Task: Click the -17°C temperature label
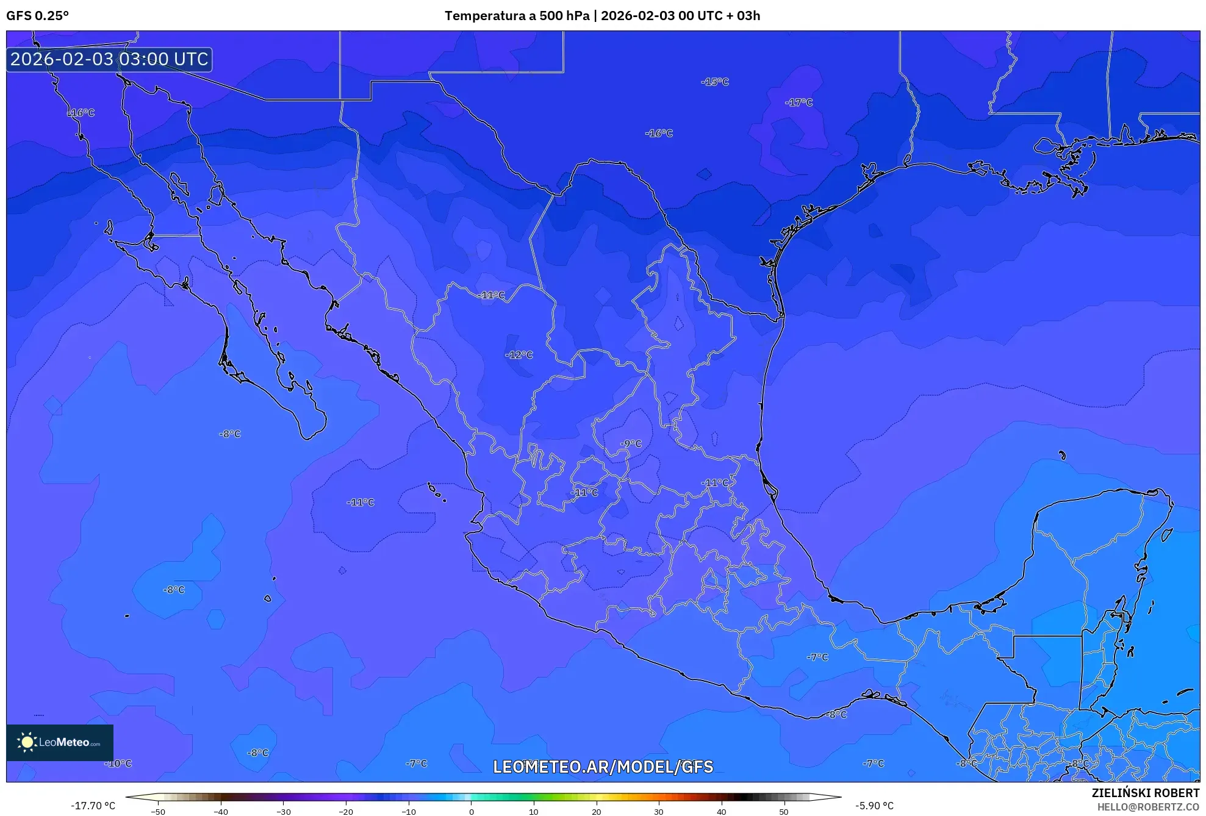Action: pyautogui.click(x=799, y=102)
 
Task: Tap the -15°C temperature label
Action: pyautogui.click(x=714, y=82)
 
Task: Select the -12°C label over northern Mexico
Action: pyautogui.click(x=519, y=355)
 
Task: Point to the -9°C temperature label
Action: pyautogui.click(x=631, y=444)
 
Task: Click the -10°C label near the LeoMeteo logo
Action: pyautogui.click(x=118, y=764)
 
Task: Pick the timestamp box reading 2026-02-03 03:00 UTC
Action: pyautogui.click(x=109, y=59)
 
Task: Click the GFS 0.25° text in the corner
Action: pyautogui.click(x=37, y=16)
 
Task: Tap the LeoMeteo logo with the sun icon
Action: pyautogui.click(x=60, y=742)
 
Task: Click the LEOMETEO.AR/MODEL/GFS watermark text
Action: pyautogui.click(x=603, y=767)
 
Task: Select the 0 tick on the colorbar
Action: pyautogui.click(x=471, y=812)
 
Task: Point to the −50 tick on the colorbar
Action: pyautogui.click(x=158, y=812)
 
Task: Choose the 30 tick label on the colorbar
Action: pyautogui.click(x=659, y=812)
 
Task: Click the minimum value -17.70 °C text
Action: pyautogui.click(x=93, y=806)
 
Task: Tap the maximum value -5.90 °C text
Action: pyautogui.click(x=874, y=806)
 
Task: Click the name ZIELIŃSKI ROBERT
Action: pyautogui.click(x=1145, y=793)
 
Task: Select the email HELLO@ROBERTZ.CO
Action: pyautogui.click(x=1148, y=807)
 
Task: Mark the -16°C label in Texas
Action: pyautogui.click(x=659, y=133)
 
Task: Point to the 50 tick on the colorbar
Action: pyautogui.click(x=784, y=812)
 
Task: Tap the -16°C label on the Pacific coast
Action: pyautogui.click(x=81, y=113)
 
